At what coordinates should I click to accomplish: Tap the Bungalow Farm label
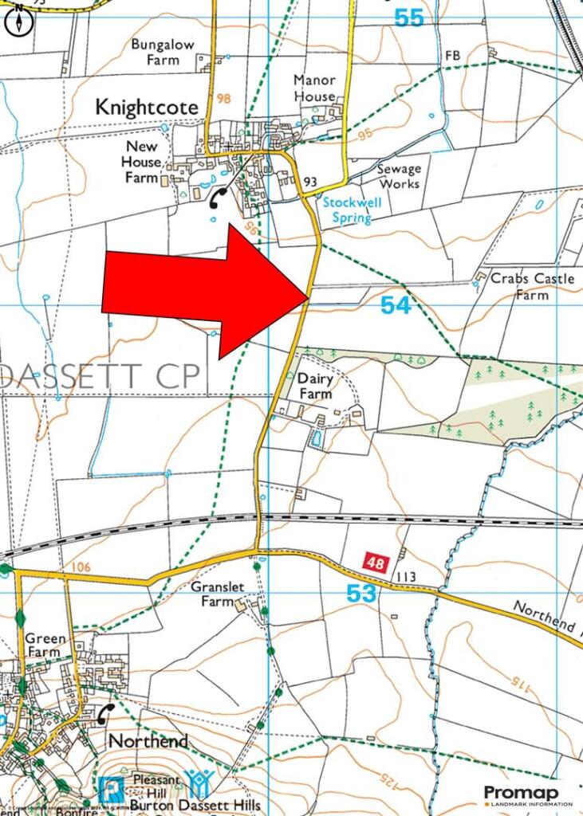coord(163,52)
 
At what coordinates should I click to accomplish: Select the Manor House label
coord(314,88)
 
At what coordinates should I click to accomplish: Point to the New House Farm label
coord(142,162)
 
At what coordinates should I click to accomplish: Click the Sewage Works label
coord(399,176)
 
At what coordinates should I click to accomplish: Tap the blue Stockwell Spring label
coord(352,210)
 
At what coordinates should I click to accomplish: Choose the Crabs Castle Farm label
coord(531,287)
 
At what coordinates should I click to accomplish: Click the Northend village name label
coord(148,740)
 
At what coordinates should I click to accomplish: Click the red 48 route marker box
coord(376,562)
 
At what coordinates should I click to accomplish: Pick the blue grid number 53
coord(361,593)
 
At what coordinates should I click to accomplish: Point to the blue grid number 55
coord(409,17)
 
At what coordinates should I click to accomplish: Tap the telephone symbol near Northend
coord(104,713)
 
